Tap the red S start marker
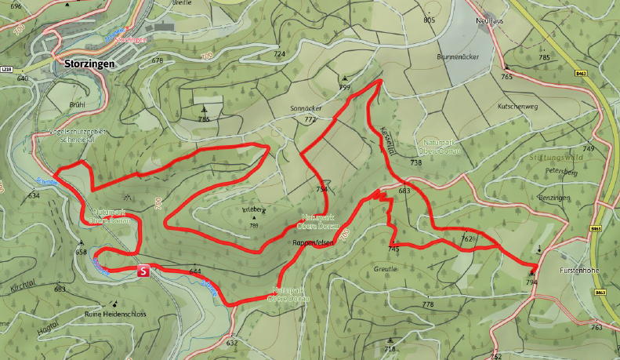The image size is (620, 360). coord(143,271)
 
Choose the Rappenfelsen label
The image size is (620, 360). coord(313,243)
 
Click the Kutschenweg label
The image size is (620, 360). coord(517,104)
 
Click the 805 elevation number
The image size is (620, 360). coord(429,20)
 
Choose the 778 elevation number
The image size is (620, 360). coord(427,304)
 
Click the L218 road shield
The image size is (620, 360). coord(8,70)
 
